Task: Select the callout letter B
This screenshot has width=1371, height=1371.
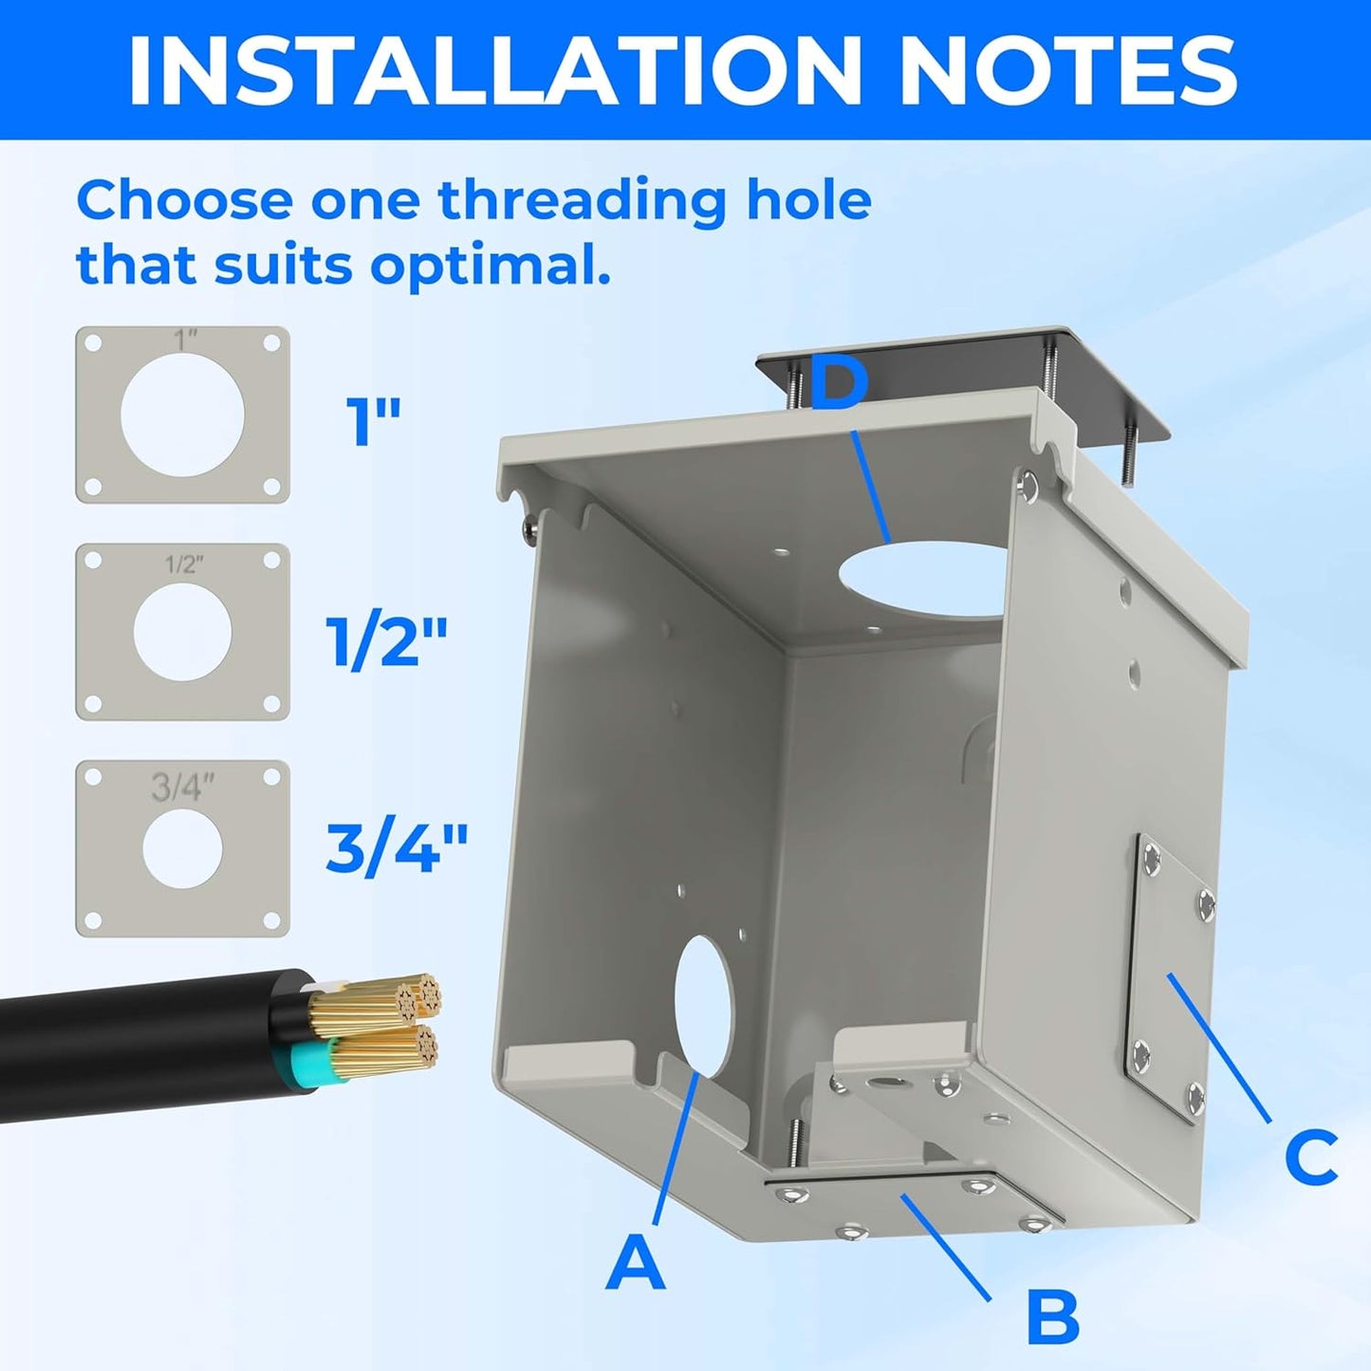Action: pyautogui.click(x=1053, y=1317)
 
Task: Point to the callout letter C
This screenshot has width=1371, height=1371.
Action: pyautogui.click(x=1311, y=1157)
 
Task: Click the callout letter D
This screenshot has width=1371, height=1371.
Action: pyautogui.click(x=840, y=386)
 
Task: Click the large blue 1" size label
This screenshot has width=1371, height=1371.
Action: pyautogui.click(x=373, y=421)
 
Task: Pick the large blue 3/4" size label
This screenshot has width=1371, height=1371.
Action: pyautogui.click(x=397, y=847)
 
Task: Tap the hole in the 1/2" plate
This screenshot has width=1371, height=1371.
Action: pyautogui.click(x=182, y=632)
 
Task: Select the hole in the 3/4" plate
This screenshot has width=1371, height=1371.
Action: pyautogui.click(x=182, y=849)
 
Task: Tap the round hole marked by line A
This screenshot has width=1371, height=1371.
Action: pyautogui.click(x=703, y=1006)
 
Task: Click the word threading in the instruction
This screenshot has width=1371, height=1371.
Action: pyautogui.click(x=584, y=201)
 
